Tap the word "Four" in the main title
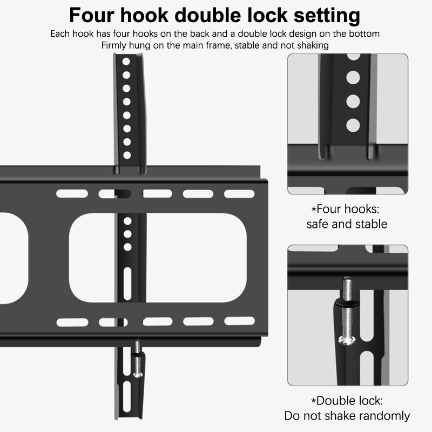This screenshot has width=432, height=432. coord(91,15)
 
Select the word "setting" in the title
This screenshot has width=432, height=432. coord(327,16)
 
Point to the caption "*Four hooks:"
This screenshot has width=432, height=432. coord(345,209)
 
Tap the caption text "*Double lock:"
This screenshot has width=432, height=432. coord(347,401)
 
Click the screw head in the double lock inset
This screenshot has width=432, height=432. coord(347,341)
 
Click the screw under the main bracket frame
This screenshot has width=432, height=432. coord(138,359)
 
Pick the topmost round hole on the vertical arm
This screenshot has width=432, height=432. coord(126,62)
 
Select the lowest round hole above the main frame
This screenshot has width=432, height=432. coord(127,155)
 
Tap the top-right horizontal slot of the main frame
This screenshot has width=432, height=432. coord(239,194)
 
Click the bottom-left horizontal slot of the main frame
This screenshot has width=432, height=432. coord(72,322)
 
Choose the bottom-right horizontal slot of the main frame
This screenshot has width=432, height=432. coord(239,321)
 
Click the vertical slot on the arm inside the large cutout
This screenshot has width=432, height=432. coord(127,283)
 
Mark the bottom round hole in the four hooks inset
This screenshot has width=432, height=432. coord(353,125)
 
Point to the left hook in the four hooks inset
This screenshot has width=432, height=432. coord(323,152)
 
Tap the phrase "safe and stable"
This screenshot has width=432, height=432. coord(347,224)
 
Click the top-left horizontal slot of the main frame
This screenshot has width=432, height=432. coord(72,194)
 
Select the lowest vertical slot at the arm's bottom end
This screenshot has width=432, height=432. coord(127,397)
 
